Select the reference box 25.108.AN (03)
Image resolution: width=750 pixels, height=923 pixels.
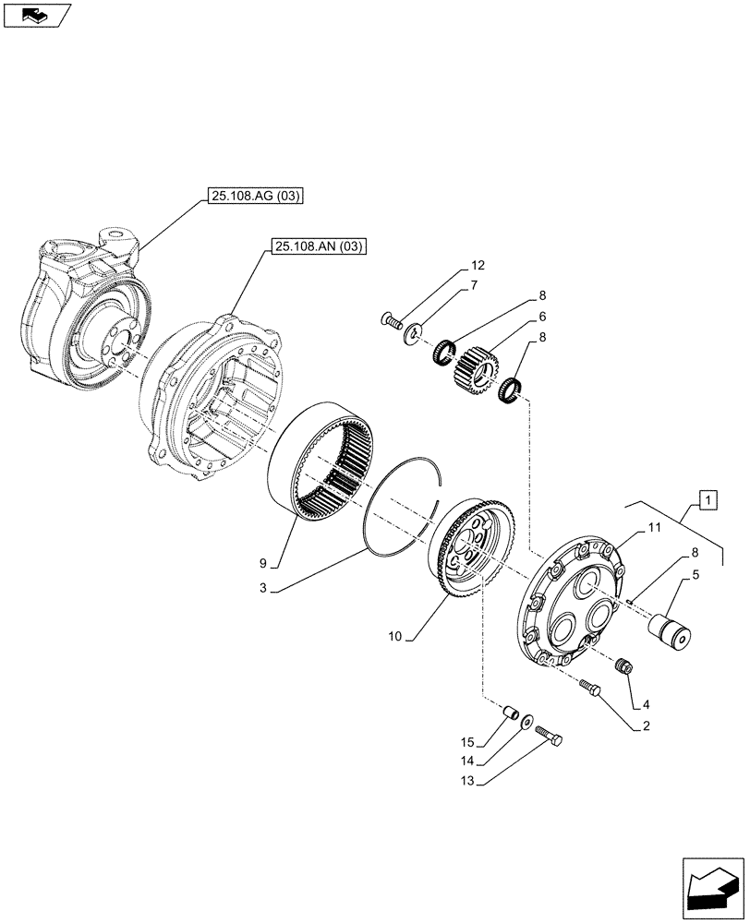pos(319,246)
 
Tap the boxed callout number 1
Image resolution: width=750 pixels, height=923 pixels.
pos(707,501)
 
